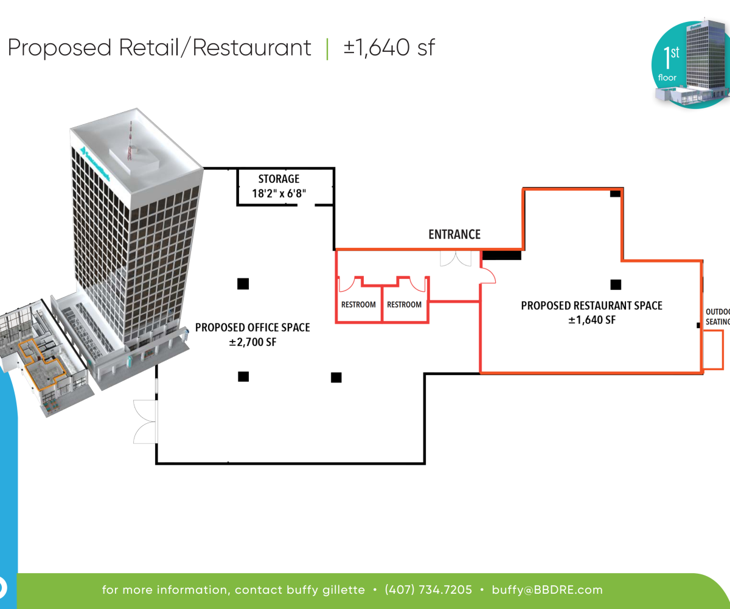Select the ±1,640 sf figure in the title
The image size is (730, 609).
coord(389,48)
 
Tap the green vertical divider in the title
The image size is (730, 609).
coord(327,48)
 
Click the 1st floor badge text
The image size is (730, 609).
coord(670,64)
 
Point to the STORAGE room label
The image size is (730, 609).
coord(279,179)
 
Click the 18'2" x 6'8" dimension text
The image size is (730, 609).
coord(279,194)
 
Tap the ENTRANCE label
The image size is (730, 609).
coord(454,234)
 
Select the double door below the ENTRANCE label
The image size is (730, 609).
coord(456,258)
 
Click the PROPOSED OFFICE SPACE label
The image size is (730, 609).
coord(252,328)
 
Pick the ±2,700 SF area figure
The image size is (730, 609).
coord(252,343)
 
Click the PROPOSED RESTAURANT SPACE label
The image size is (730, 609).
coord(591,306)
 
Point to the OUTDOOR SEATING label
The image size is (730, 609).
coord(717,317)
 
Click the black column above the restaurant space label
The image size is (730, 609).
coord(616,284)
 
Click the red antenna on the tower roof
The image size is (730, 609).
coord(129,141)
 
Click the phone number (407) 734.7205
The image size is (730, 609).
coord(428,590)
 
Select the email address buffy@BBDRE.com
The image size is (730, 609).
coord(547,590)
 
